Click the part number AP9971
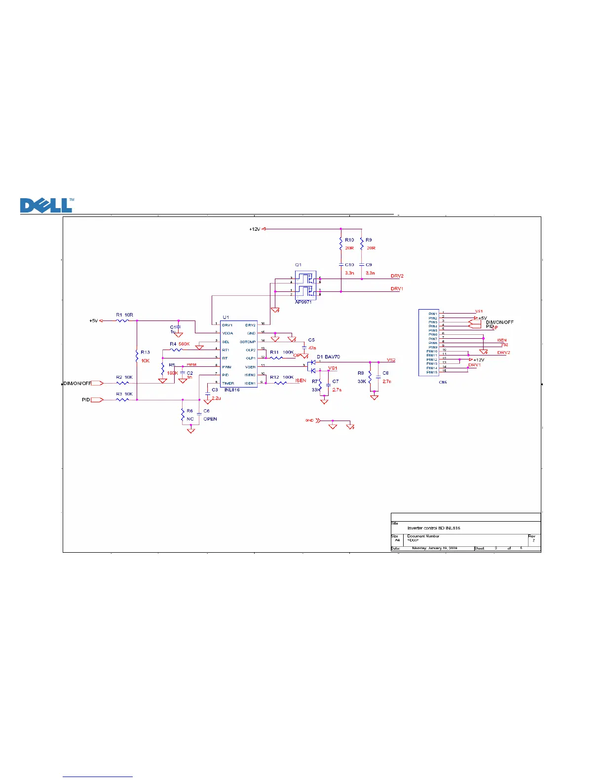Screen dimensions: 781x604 pos(303,302)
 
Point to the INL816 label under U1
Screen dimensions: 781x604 pos(231,390)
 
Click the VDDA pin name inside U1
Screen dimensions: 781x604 pos(227,333)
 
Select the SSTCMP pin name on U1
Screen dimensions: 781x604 pos(248,342)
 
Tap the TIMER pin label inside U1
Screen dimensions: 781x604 pos(228,383)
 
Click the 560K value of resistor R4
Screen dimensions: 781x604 pos(184,344)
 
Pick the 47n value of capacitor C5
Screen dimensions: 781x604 pos(312,348)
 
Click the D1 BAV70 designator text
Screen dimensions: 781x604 pos(328,356)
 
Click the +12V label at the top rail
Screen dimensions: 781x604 pos(255,229)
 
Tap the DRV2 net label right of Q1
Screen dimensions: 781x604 pos(397,276)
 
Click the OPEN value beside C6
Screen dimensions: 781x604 pos(210,419)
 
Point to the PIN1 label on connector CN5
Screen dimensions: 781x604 pos(432,314)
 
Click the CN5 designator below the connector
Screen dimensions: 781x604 pos(443,382)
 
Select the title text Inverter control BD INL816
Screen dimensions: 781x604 pos(434,528)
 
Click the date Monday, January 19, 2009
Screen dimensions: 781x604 pos(435,548)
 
